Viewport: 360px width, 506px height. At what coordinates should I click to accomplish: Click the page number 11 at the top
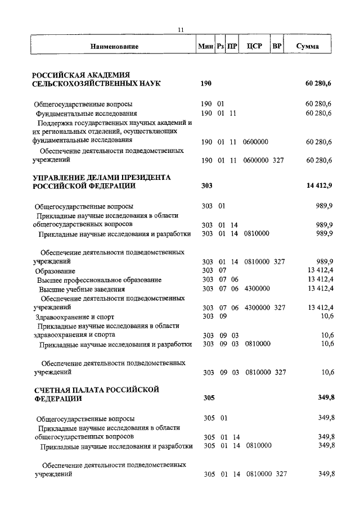(180, 30)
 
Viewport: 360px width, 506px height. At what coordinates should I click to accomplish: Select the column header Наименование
(114, 46)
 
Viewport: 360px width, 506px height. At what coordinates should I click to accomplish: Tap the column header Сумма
(308, 46)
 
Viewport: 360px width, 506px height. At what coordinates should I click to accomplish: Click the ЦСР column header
(254, 46)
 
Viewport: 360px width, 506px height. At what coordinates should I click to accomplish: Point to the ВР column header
(277, 46)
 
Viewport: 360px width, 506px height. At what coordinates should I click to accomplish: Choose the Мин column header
(205, 46)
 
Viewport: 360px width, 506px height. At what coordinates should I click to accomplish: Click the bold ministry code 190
(206, 84)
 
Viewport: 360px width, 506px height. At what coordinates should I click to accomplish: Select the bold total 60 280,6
(319, 84)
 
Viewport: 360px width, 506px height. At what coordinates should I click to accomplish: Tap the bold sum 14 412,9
(320, 186)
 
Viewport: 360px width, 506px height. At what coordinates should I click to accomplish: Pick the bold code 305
(208, 399)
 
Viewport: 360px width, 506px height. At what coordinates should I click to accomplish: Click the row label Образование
(56, 271)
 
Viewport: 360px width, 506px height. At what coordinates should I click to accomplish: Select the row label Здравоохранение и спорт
(71, 317)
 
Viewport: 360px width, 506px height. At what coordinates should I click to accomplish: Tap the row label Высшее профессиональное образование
(100, 279)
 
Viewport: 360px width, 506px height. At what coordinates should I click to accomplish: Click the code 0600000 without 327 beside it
(255, 142)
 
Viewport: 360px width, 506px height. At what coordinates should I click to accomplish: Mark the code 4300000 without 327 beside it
(258, 288)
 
